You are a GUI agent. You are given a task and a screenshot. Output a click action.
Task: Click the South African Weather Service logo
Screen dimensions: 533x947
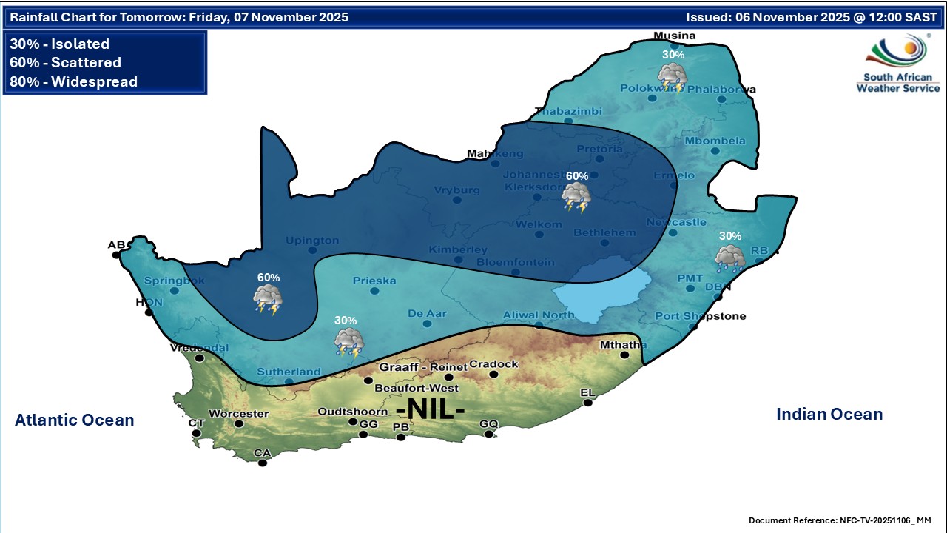pos(897,64)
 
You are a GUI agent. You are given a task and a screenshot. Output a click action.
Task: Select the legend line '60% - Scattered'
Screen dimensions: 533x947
pos(65,63)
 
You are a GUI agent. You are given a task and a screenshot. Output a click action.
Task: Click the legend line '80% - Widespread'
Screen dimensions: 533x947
pos(73,81)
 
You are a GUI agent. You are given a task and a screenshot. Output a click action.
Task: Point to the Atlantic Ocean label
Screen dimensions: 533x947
pos(74,420)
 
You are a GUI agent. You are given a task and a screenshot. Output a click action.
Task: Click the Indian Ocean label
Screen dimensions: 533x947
pos(829,415)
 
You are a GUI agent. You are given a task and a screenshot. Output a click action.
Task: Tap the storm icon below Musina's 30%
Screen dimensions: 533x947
pos(672,77)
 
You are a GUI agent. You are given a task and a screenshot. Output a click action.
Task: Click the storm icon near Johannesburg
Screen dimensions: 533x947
pos(576,198)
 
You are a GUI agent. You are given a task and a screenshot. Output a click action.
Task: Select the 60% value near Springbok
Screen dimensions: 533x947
pos(269,277)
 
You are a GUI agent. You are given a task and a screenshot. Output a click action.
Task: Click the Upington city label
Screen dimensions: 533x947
pos(312,241)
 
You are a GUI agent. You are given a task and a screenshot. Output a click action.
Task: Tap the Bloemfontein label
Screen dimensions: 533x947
pos(516,262)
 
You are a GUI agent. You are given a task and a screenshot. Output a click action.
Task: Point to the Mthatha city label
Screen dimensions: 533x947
pos(623,345)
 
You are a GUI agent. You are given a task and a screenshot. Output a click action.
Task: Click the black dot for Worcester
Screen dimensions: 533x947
pos(239,424)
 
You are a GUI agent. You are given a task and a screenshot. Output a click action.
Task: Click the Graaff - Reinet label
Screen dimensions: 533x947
pos(423,367)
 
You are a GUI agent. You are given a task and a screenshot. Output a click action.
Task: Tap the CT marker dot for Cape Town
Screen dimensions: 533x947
pos(196,433)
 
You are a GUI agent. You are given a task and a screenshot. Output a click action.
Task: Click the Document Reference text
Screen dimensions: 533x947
pos(840,520)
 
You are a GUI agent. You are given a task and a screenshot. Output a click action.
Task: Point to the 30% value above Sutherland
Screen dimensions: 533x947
pos(346,321)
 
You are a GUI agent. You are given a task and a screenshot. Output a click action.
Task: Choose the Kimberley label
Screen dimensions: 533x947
pos(458,249)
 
